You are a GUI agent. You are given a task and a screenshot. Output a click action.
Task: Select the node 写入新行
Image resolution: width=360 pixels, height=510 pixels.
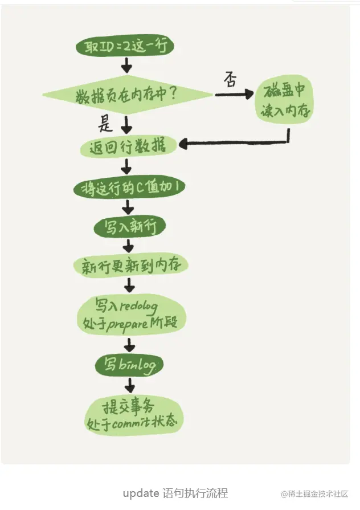pyautogui.click(x=129, y=227)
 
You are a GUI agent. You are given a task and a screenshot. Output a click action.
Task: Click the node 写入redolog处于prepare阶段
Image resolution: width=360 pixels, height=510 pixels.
pyautogui.click(x=130, y=315)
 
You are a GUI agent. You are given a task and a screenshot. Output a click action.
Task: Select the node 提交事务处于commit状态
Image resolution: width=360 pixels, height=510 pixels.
pyautogui.click(x=134, y=415)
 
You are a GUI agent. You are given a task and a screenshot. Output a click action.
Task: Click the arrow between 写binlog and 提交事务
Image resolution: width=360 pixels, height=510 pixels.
pyautogui.click(x=130, y=386)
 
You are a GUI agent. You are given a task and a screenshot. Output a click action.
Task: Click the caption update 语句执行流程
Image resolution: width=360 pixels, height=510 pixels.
pyautogui.click(x=175, y=493)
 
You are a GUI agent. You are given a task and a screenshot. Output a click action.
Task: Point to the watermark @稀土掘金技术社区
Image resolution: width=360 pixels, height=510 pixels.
pyautogui.click(x=314, y=493)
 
